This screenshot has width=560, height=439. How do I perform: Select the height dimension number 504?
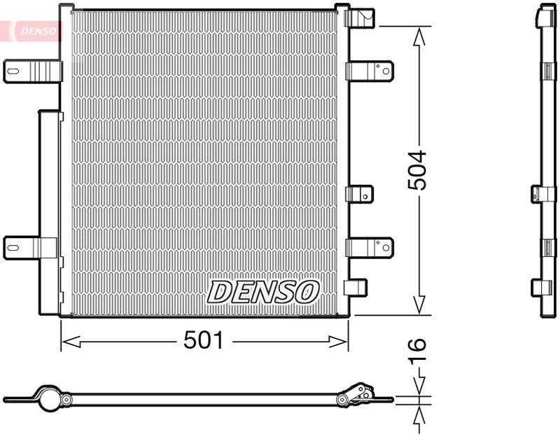[x=418, y=170]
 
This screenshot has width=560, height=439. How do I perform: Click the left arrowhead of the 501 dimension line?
[x=69, y=342]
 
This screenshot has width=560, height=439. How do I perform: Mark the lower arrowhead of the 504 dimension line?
[x=419, y=305]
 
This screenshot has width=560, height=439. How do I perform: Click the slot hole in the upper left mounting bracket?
[x=15, y=70]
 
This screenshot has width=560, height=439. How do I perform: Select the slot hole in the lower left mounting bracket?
[x=15, y=246]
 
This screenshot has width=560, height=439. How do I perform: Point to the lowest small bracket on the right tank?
[x=358, y=288]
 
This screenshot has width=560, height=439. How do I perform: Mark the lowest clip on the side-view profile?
[x=541, y=288]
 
